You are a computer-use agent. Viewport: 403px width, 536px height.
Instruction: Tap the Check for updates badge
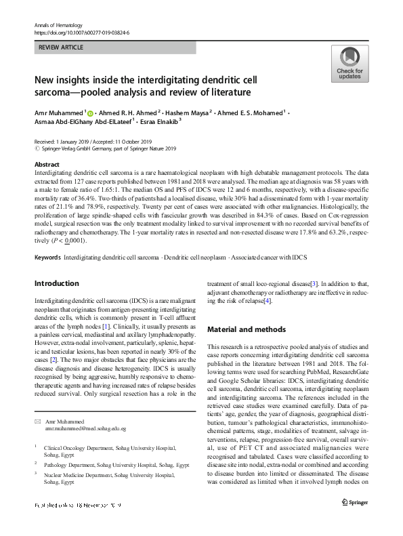349,64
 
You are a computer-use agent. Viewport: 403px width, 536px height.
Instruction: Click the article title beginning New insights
150,85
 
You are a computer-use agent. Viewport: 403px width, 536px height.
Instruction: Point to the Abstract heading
47,165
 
